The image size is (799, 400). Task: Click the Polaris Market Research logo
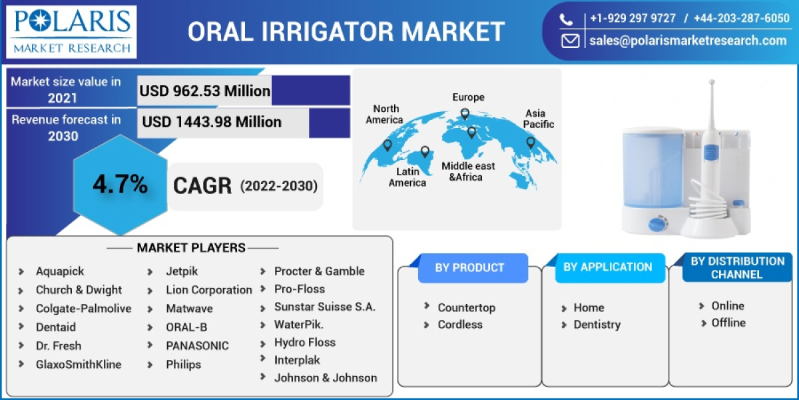(x=71, y=31)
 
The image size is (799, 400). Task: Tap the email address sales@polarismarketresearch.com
(x=687, y=41)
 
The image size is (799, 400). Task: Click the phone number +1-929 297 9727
(x=633, y=18)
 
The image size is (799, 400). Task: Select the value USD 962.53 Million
(x=204, y=91)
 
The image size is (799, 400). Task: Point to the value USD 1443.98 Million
(x=212, y=122)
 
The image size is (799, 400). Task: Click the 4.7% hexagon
(x=120, y=185)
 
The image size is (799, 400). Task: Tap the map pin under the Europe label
(x=465, y=114)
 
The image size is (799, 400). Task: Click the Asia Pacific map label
(x=538, y=119)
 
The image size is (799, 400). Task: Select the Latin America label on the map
(x=407, y=177)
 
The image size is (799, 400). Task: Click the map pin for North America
(x=387, y=145)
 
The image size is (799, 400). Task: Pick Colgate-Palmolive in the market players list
(x=83, y=308)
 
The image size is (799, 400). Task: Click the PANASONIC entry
(x=197, y=345)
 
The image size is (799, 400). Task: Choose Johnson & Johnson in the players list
(x=326, y=377)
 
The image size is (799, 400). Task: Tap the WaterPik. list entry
(x=299, y=325)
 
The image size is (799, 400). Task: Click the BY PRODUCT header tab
(x=469, y=267)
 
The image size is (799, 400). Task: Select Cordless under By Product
(x=459, y=324)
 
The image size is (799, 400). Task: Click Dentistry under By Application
(x=597, y=324)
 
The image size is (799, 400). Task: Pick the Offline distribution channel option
(x=728, y=322)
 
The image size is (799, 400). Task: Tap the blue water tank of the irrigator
(x=652, y=167)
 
